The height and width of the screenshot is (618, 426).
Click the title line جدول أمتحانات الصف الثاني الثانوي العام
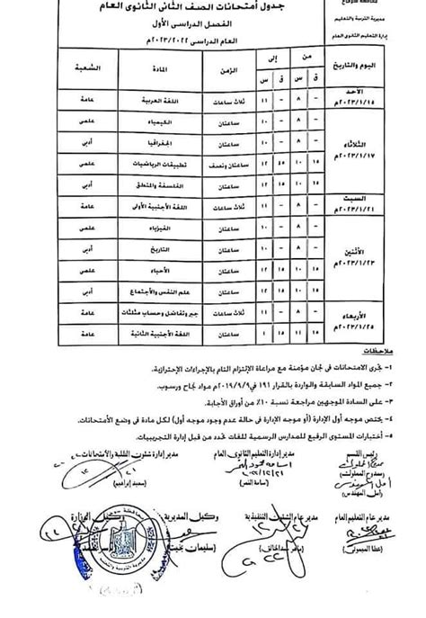tap(213, 11)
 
